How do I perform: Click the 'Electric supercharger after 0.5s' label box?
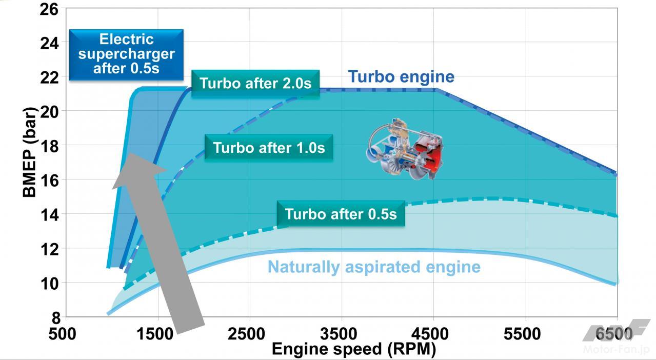(126, 54)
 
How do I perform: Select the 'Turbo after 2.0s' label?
(255, 83)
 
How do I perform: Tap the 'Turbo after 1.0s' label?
(269, 148)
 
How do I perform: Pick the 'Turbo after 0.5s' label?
(341, 214)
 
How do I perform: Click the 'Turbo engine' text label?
(401, 77)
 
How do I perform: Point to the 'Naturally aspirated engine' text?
(374, 267)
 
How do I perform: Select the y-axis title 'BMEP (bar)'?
(30, 152)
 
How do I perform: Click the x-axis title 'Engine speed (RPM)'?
(353, 349)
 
